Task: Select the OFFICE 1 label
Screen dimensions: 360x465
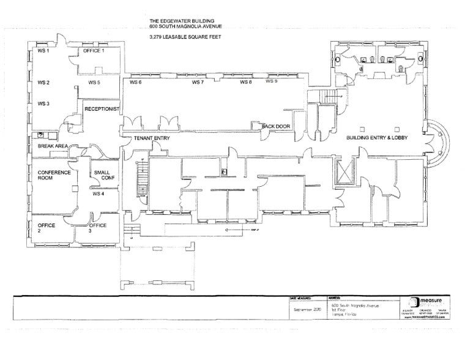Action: [x=94, y=51]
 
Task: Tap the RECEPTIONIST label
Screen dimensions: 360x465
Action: [x=101, y=108]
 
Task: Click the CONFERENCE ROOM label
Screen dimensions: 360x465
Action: [x=54, y=176]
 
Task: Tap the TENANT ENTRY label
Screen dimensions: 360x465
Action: [x=152, y=139]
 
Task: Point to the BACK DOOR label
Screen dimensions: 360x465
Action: [x=275, y=126]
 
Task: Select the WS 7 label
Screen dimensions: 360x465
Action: [x=198, y=82]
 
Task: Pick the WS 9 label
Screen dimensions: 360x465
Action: [x=272, y=81]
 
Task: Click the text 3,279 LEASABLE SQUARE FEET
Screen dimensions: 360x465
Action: [x=183, y=37]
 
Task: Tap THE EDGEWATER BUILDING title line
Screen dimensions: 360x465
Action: [x=182, y=20]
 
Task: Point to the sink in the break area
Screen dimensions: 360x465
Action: [x=40, y=135]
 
